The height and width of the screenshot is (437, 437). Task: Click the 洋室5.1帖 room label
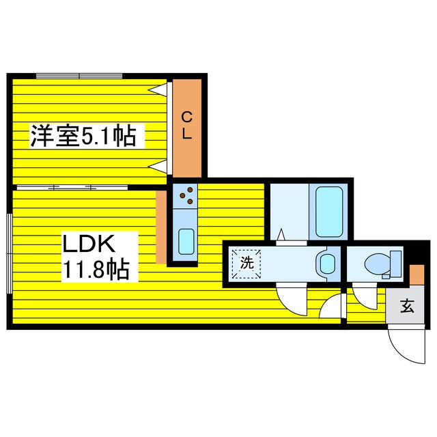coord(82,136)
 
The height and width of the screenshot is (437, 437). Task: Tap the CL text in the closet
coord(186,126)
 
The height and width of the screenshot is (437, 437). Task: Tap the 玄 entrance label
coord(407,306)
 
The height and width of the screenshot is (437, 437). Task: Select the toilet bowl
coord(379,263)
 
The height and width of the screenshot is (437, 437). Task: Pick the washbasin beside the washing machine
coord(326,262)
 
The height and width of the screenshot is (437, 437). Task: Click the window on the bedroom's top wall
coord(79,74)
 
